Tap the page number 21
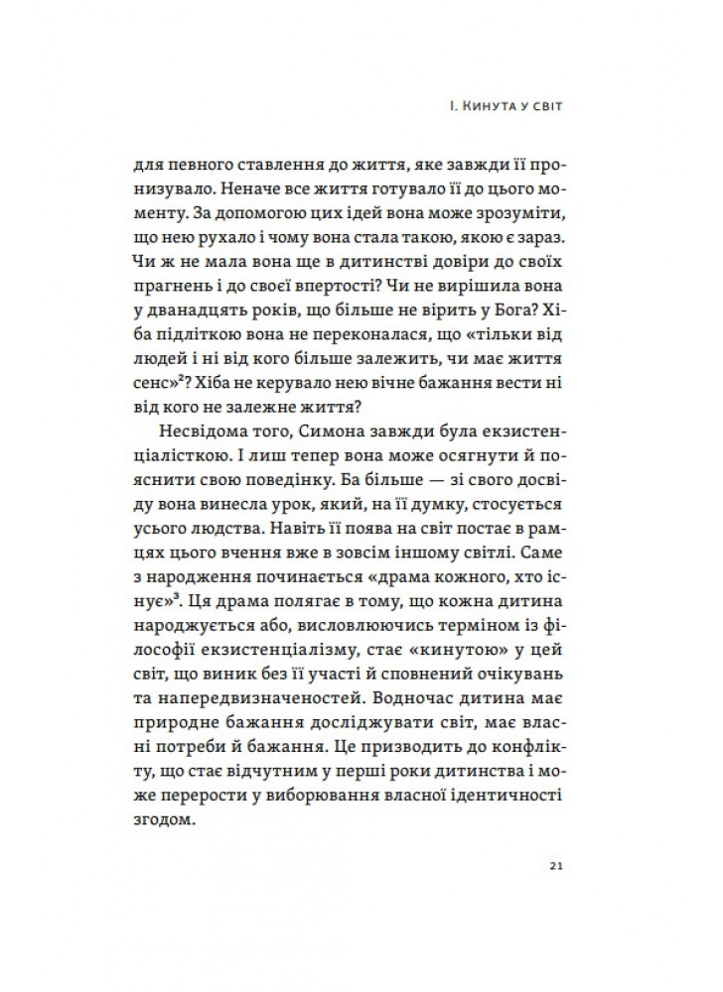click(556, 866)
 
